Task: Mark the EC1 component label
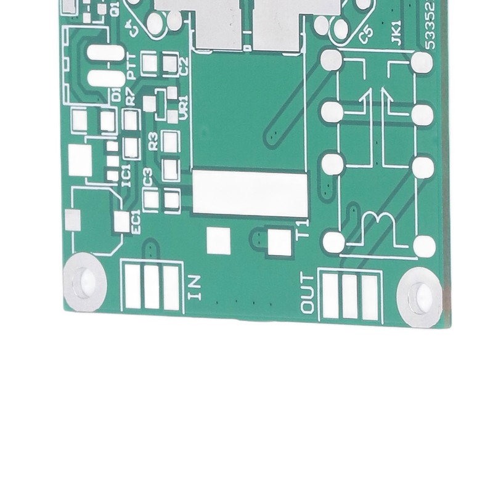pos(136,222)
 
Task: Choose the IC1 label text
pos(126,175)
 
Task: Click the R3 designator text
pos(153,140)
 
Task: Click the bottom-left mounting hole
pos(85,282)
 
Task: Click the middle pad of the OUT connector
pos(349,296)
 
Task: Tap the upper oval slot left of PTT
pos(105,53)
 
